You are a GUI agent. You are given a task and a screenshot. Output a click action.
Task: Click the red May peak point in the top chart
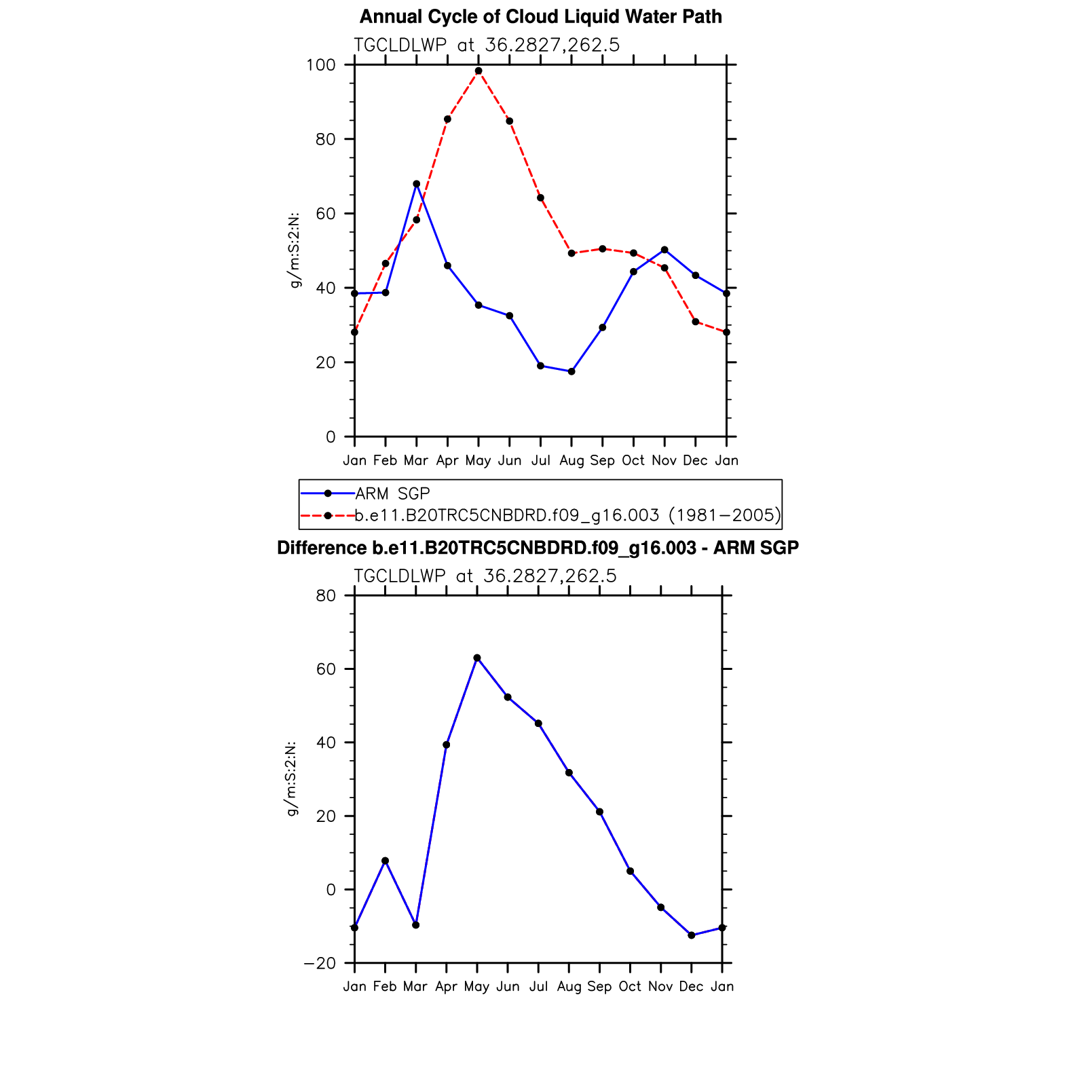coord(479,71)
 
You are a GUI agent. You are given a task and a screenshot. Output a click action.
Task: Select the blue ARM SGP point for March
coord(416,184)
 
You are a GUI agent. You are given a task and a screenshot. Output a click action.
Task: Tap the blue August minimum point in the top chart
coord(571,371)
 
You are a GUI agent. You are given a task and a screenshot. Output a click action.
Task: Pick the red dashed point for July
coord(540,198)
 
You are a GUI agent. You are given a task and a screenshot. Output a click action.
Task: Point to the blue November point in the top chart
coord(664,250)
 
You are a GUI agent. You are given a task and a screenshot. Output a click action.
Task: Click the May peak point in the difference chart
coord(477,658)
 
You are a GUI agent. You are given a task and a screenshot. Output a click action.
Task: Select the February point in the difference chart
coord(385,861)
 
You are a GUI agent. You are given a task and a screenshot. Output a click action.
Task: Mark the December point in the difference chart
coord(692,935)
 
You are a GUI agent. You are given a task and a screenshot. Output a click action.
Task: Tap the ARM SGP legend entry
coord(392,493)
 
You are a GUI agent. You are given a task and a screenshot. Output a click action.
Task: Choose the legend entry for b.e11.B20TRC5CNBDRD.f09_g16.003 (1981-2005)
coord(567,515)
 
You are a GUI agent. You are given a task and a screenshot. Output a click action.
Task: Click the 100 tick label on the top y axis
coord(321,65)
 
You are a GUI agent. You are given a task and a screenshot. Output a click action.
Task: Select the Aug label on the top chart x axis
coord(571,461)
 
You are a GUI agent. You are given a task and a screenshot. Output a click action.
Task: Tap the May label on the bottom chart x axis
coord(477,987)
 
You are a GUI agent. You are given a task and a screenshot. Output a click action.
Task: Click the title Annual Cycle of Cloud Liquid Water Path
coord(540,16)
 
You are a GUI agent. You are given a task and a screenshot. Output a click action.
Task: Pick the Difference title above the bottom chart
coord(538,548)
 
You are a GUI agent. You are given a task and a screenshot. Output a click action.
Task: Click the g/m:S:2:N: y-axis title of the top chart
coord(295,250)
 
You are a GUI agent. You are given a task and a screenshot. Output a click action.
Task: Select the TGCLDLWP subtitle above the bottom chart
coord(485,576)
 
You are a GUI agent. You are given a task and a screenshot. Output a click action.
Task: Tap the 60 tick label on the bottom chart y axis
coord(326,669)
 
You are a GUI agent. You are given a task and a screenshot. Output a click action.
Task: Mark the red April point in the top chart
coord(447,119)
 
